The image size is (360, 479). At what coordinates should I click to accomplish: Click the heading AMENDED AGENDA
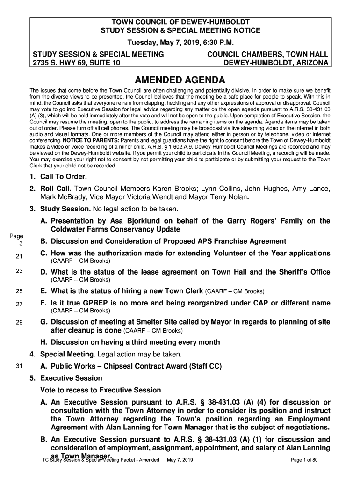coord(180,80)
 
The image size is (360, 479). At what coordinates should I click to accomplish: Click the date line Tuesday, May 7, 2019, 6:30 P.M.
coord(180,42)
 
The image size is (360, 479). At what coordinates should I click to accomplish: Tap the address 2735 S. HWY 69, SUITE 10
coord(75,63)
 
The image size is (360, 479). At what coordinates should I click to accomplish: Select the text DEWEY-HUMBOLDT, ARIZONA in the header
coord(276,63)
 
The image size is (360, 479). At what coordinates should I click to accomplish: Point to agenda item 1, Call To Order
coord(58,177)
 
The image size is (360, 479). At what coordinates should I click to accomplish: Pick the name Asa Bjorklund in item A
coord(133,221)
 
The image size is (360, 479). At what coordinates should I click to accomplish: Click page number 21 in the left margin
coord(19,256)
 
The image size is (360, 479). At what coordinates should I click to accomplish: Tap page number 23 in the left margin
coord(19,271)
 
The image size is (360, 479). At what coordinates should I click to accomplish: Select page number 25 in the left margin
coord(19,291)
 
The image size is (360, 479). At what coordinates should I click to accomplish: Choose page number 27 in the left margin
coord(19,305)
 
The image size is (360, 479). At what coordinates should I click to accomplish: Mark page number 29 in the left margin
coord(19,323)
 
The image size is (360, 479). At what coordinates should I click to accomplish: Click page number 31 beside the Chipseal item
coord(19,366)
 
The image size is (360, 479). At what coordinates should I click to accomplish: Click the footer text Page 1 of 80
coord(304,460)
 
